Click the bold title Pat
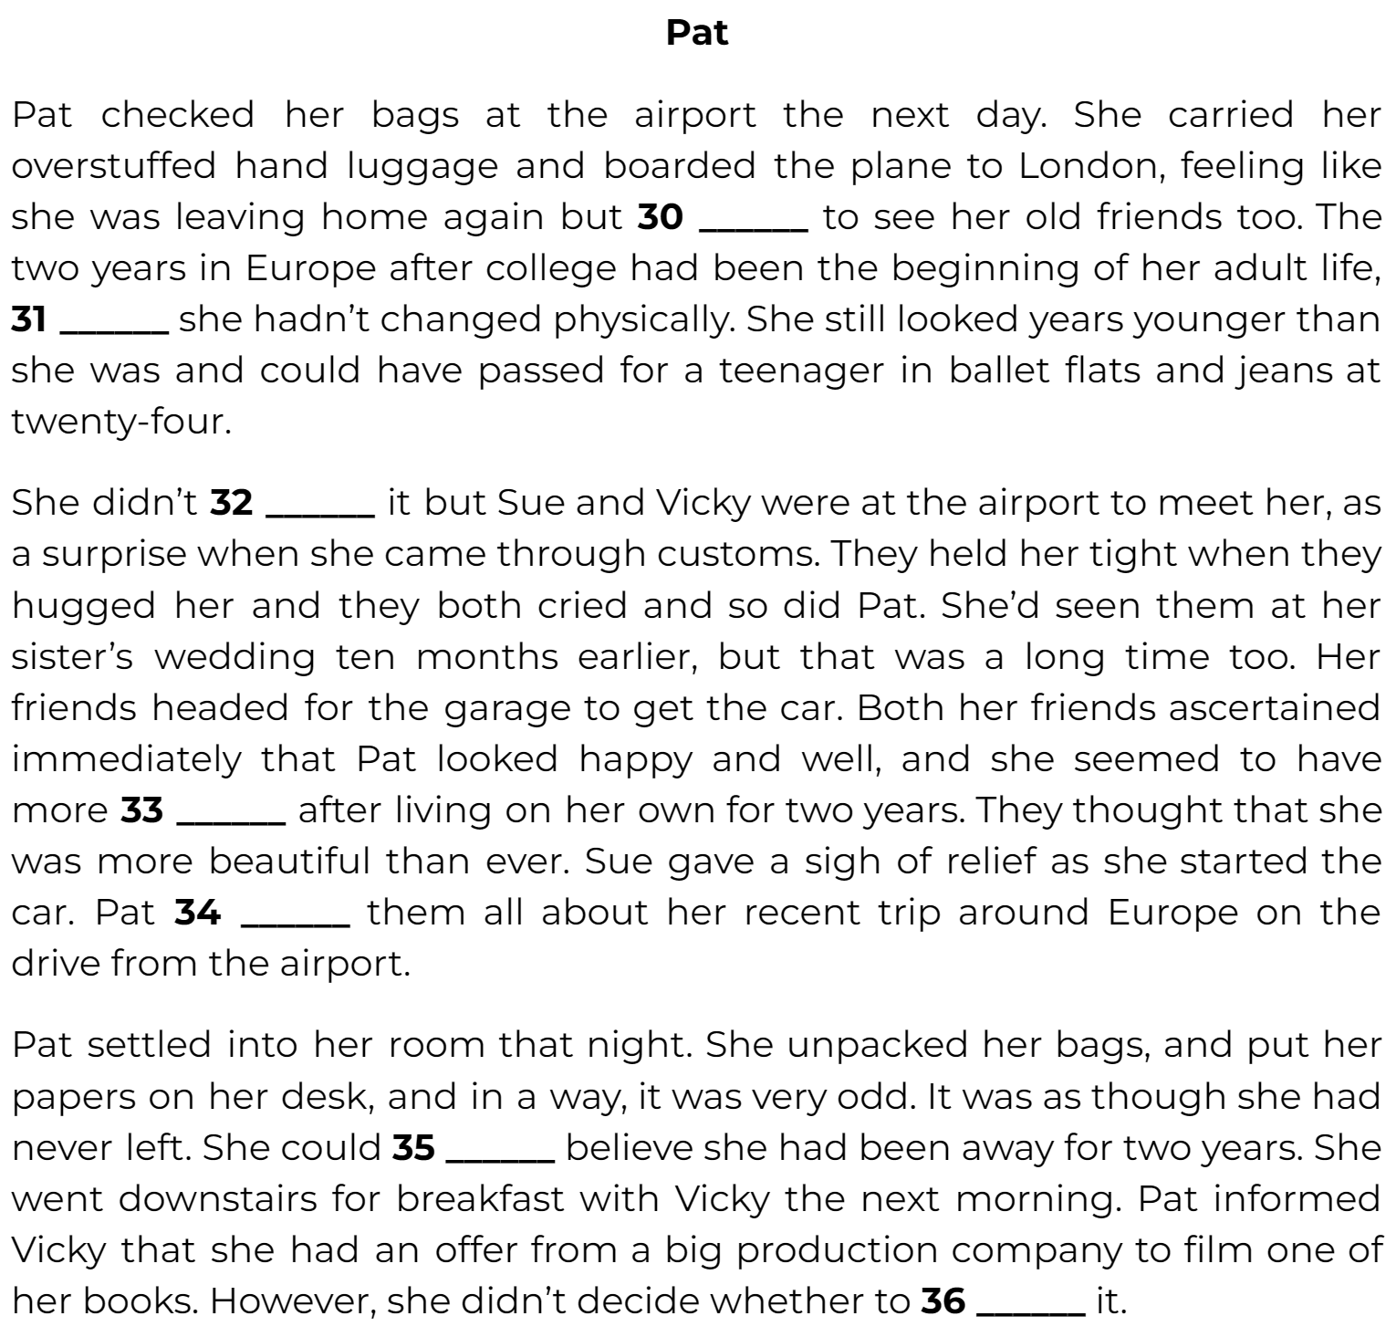(x=697, y=33)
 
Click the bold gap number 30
(x=660, y=217)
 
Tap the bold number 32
(x=231, y=503)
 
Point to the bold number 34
(x=197, y=912)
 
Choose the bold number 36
(x=943, y=1301)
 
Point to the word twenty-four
(x=121, y=422)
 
